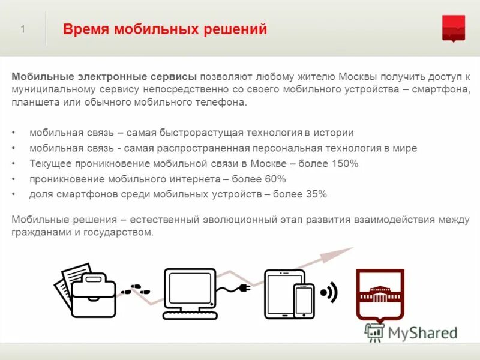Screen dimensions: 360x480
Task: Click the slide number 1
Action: [23, 29]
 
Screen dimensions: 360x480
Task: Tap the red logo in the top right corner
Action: [453, 28]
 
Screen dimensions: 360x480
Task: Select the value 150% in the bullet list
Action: [346, 163]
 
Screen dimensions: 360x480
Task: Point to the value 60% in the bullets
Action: [274, 179]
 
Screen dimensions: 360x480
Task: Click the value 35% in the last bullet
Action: [314, 194]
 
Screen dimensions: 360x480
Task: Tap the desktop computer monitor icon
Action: [190, 293]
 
